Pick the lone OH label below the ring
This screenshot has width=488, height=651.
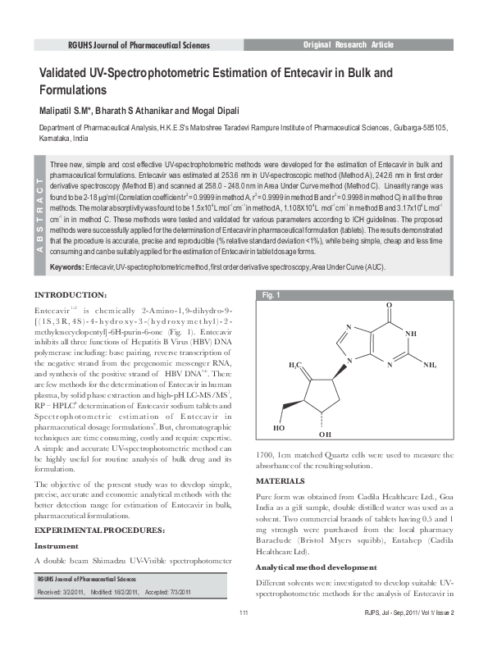325,434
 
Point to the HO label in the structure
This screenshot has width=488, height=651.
280,427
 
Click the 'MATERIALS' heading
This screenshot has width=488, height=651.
281,480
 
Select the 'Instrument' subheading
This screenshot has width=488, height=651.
57,545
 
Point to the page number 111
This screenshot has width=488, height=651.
244,635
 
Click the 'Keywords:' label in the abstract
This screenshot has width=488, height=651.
66,268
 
